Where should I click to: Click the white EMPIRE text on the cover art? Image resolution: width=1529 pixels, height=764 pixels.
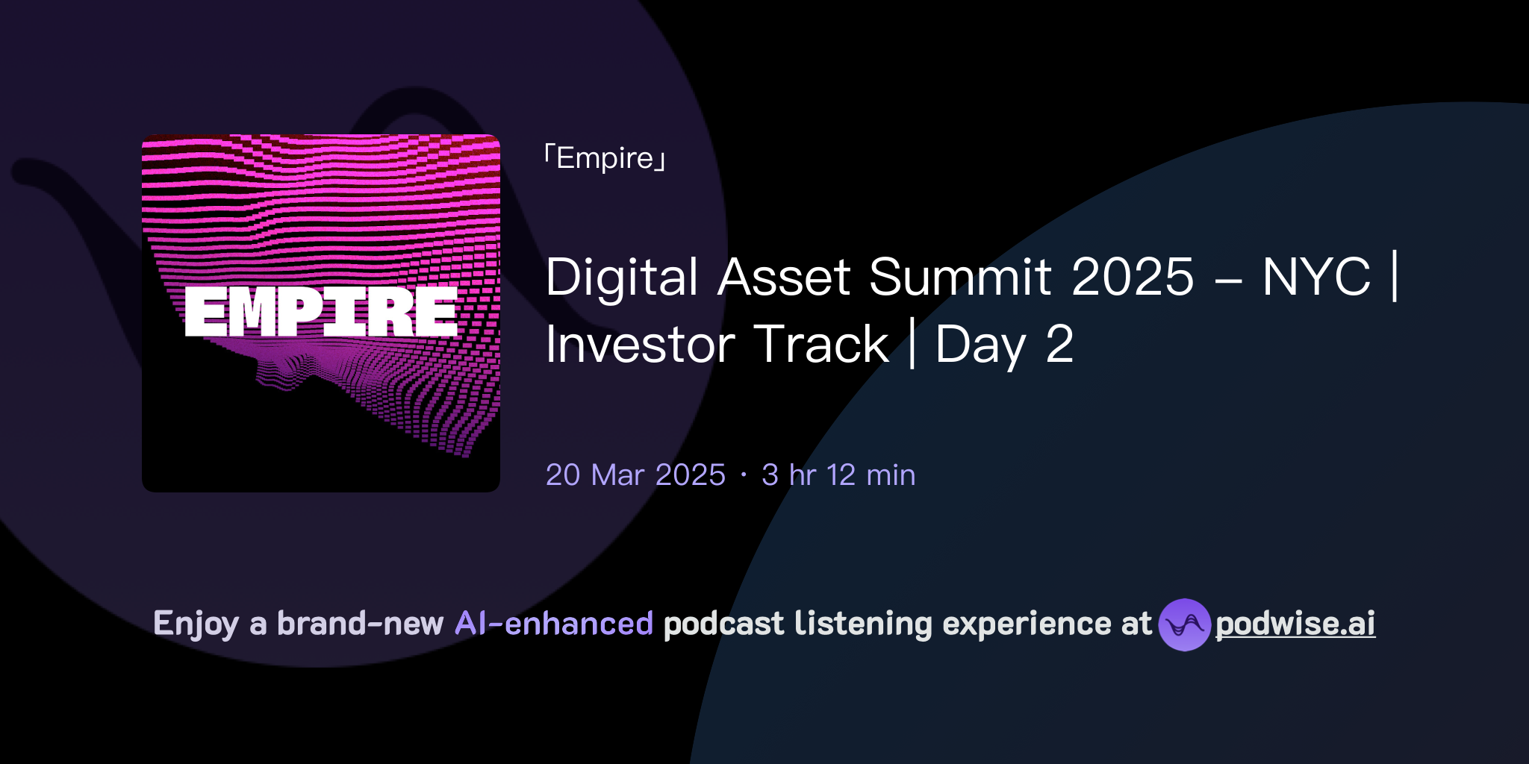321,312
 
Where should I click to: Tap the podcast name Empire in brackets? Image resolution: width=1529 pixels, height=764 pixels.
605,158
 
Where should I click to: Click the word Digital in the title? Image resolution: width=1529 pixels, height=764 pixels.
622,278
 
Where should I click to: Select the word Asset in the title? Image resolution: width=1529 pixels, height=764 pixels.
784,278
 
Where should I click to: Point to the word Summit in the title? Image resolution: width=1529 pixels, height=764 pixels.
960,278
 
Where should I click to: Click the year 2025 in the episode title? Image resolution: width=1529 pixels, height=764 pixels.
1133,278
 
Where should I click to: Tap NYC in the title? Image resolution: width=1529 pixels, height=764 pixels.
1316,278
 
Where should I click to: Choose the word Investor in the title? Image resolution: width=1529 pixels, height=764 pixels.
641,345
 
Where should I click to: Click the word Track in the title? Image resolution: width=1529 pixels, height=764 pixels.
821,345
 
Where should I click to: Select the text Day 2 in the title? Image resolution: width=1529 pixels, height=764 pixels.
1004,345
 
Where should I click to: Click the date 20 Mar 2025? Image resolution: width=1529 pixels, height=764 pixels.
635,475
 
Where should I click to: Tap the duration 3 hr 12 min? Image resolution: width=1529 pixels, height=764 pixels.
838,475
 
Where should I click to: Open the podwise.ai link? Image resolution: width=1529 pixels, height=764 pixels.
1295,624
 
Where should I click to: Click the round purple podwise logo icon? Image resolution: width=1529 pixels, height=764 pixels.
1184,624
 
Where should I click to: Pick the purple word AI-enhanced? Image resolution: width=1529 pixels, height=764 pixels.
554,624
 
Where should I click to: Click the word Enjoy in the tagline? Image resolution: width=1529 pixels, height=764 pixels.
196,624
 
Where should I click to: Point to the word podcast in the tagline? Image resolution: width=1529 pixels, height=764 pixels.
723,624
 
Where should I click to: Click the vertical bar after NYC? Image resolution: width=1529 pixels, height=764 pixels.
1395,278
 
